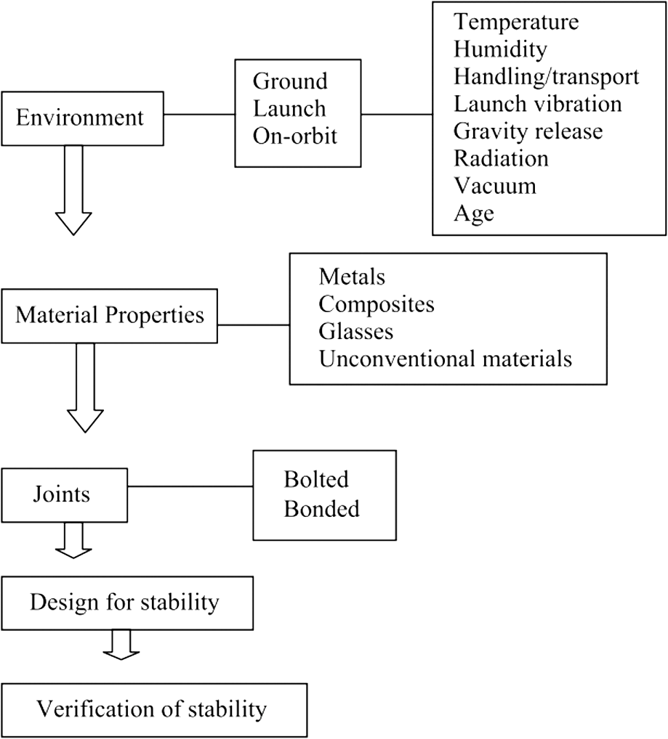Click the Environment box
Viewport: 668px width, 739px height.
83,118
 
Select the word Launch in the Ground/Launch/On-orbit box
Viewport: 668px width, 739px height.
289,108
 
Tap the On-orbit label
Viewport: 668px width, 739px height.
295,136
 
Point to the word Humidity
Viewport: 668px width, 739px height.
500,49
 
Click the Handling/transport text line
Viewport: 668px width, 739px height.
547,76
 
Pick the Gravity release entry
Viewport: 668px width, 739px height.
528,131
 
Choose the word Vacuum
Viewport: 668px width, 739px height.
495,186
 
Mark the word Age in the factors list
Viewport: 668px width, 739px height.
474,213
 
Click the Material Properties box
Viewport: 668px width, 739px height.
110,316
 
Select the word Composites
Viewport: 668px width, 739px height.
377,304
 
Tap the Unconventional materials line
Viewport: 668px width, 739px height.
446,359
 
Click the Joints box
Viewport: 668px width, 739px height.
65,495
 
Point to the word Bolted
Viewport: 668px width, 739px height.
316,479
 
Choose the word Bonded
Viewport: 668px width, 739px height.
322,509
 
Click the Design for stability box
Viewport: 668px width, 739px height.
127,603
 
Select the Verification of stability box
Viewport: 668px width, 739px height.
154,710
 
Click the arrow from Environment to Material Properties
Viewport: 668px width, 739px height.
73,190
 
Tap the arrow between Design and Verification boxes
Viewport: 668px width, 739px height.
121,645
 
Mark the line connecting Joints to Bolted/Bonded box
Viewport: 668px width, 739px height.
190,486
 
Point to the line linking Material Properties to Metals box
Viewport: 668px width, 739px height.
254,324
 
